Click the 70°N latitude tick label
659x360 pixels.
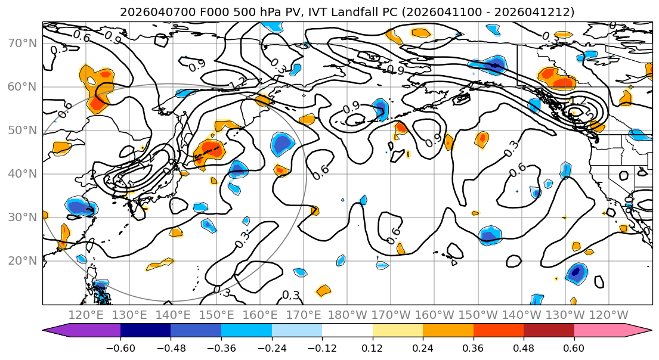pyautogui.click(x=21, y=44)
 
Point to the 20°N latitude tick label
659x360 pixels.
pyautogui.click(x=21, y=261)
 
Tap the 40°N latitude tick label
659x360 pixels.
pyautogui.click(x=21, y=174)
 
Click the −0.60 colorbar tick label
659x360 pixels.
pyautogui.click(x=120, y=347)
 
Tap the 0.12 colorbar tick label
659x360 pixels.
pyautogui.click(x=373, y=347)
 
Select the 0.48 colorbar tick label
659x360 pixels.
pyautogui.click(x=524, y=347)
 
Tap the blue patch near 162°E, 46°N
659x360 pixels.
pyautogui.click(x=282, y=145)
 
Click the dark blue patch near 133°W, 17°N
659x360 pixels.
pyautogui.click(x=576, y=273)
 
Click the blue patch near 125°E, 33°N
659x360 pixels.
pyautogui.click(x=80, y=206)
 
